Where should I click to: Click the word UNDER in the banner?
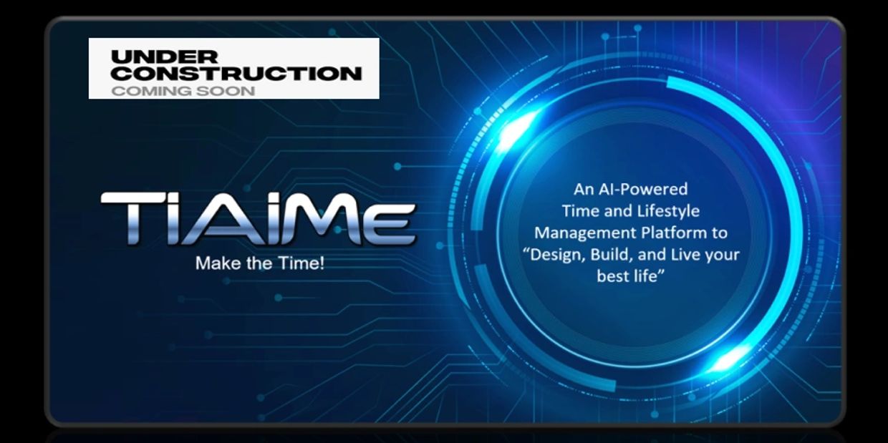pyautogui.click(x=165, y=57)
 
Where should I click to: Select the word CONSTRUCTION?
pyautogui.click(x=236, y=74)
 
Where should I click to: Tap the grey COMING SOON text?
pyautogui.click(x=183, y=91)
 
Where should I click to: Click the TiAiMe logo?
pyautogui.click(x=259, y=218)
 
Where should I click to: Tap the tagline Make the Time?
pyautogui.click(x=260, y=263)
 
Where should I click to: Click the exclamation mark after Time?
pyautogui.click(x=322, y=263)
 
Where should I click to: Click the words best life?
pyautogui.click(x=630, y=276)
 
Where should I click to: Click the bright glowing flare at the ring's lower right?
pyautogui.click(x=728, y=359)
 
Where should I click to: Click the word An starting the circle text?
pyautogui.click(x=584, y=190)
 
